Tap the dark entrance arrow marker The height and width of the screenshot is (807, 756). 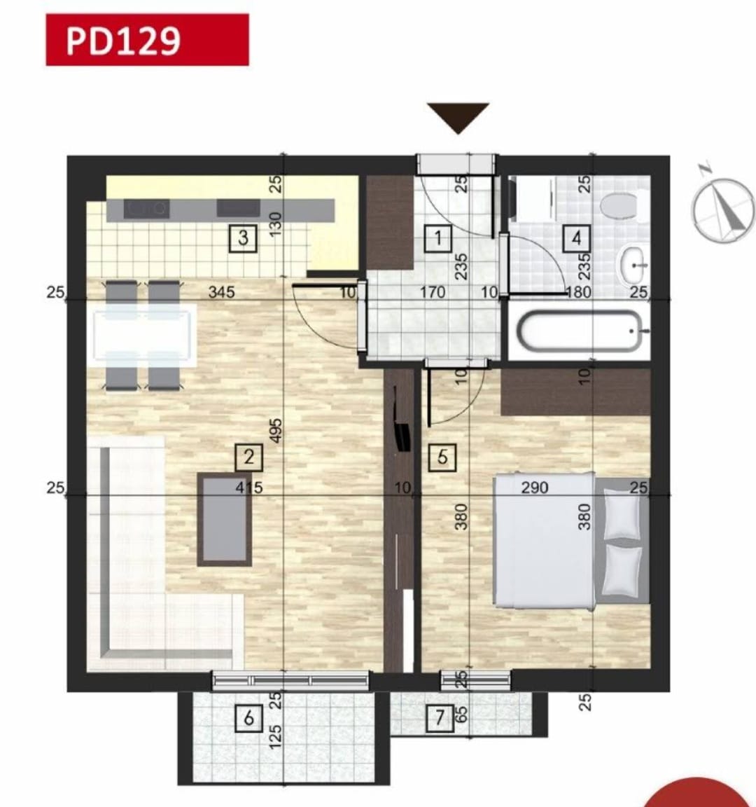(x=458, y=116)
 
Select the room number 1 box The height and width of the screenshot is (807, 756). (x=439, y=238)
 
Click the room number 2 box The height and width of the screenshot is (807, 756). (x=248, y=457)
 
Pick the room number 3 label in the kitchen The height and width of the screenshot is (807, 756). (x=243, y=237)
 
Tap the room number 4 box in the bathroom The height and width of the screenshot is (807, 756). (x=576, y=238)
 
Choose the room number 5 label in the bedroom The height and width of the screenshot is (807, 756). (x=442, y=457)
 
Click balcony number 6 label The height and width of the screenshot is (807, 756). (x=248, y=718)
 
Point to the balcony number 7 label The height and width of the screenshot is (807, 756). (x=440, y=718)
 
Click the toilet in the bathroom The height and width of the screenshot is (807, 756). (x=619, y=206)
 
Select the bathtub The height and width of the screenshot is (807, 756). (x=580, y=331)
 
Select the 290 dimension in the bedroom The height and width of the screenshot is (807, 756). (x=535, y=488)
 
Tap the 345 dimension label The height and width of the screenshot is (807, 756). (x=221, y=292)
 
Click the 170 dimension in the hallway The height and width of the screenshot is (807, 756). (x=433, y=292)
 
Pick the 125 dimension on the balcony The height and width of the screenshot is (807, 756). (x=276, y=734)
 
